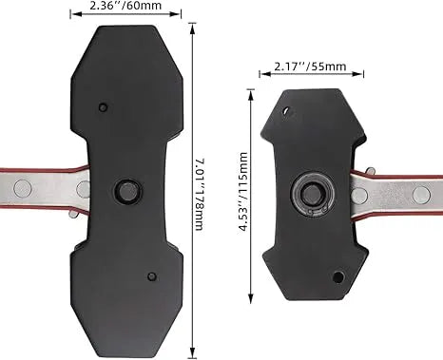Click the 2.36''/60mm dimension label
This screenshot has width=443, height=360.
pos(125,6)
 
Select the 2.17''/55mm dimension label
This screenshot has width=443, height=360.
pos(310,66)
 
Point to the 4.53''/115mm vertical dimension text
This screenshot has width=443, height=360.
pos(243,192)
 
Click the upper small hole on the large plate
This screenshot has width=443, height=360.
pos(103,107)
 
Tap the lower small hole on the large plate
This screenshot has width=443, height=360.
pos(152,276)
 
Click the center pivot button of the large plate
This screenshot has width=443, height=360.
pos(128,191)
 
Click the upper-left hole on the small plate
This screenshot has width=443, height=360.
pos(286,111)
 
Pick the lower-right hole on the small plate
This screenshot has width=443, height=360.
pos(338,277)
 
